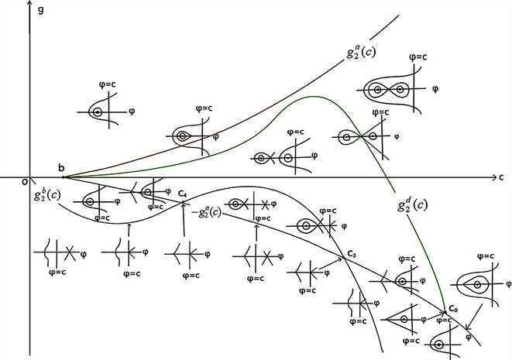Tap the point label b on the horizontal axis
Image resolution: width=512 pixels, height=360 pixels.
click(61, 167)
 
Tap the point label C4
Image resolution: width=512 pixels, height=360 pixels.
click(182, 194)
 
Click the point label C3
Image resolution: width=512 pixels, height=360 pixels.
click(351, 253)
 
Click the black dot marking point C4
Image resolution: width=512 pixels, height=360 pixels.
click(183, 203)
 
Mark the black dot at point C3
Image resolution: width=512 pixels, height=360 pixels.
click(342, 259)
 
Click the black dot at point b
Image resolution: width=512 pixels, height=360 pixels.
click(63, 177)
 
